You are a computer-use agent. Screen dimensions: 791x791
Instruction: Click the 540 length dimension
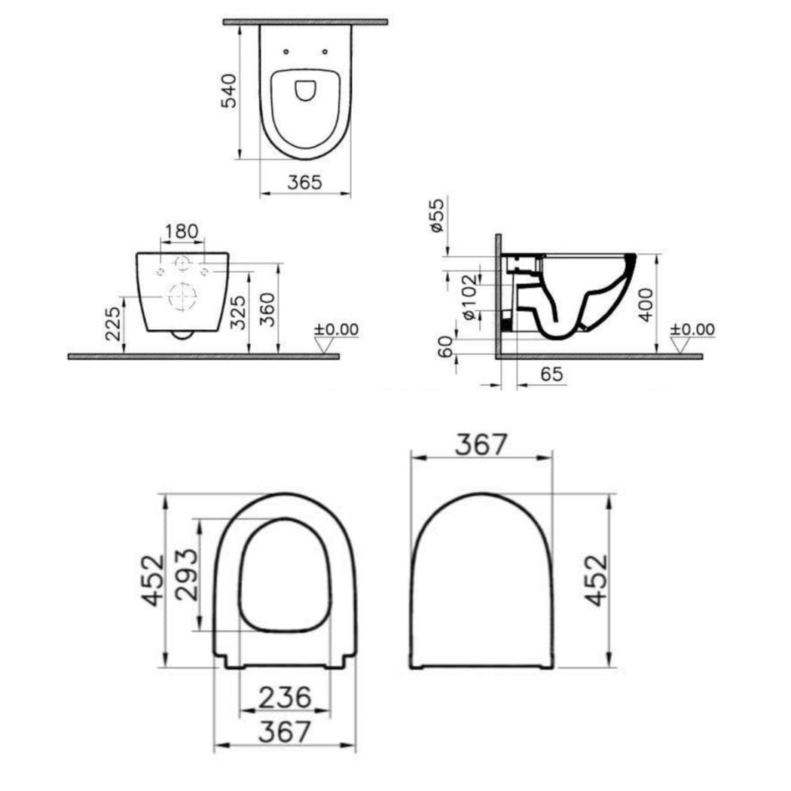point(229,91)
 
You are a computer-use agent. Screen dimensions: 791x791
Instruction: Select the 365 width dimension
point(304,182)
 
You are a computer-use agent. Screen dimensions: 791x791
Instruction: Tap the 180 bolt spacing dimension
point(182,231)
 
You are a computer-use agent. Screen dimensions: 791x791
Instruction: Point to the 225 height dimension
point(114,323)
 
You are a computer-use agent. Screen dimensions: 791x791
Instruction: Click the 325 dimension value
point(238,313)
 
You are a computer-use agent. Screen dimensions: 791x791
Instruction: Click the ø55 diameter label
point(437,215)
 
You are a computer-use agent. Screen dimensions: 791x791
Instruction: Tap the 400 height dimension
point(646,304)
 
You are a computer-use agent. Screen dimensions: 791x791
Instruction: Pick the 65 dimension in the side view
point(551,374)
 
